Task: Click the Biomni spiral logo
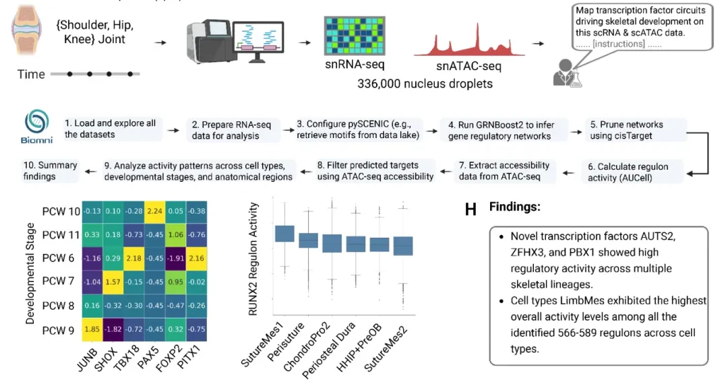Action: click(36, 121)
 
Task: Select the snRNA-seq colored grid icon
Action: click(355, 36)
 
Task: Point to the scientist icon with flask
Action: click(567, 73)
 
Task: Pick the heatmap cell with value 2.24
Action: click(154, 211)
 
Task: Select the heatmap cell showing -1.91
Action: click(175, 258)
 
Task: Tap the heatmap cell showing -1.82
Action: click(113, 329)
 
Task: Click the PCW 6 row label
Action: click(58, 258)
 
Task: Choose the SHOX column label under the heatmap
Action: click(105, 358)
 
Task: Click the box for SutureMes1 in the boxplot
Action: click(284, 233)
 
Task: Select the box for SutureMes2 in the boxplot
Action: click(403, 246)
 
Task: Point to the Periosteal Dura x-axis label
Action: click(329, 350)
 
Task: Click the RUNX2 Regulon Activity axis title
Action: click(253, 259)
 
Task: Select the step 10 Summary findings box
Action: click(50, 170)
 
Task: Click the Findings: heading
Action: click(514, 207)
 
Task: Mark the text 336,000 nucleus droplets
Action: click(425, 84)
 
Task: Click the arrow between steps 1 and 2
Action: click(173, 130)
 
